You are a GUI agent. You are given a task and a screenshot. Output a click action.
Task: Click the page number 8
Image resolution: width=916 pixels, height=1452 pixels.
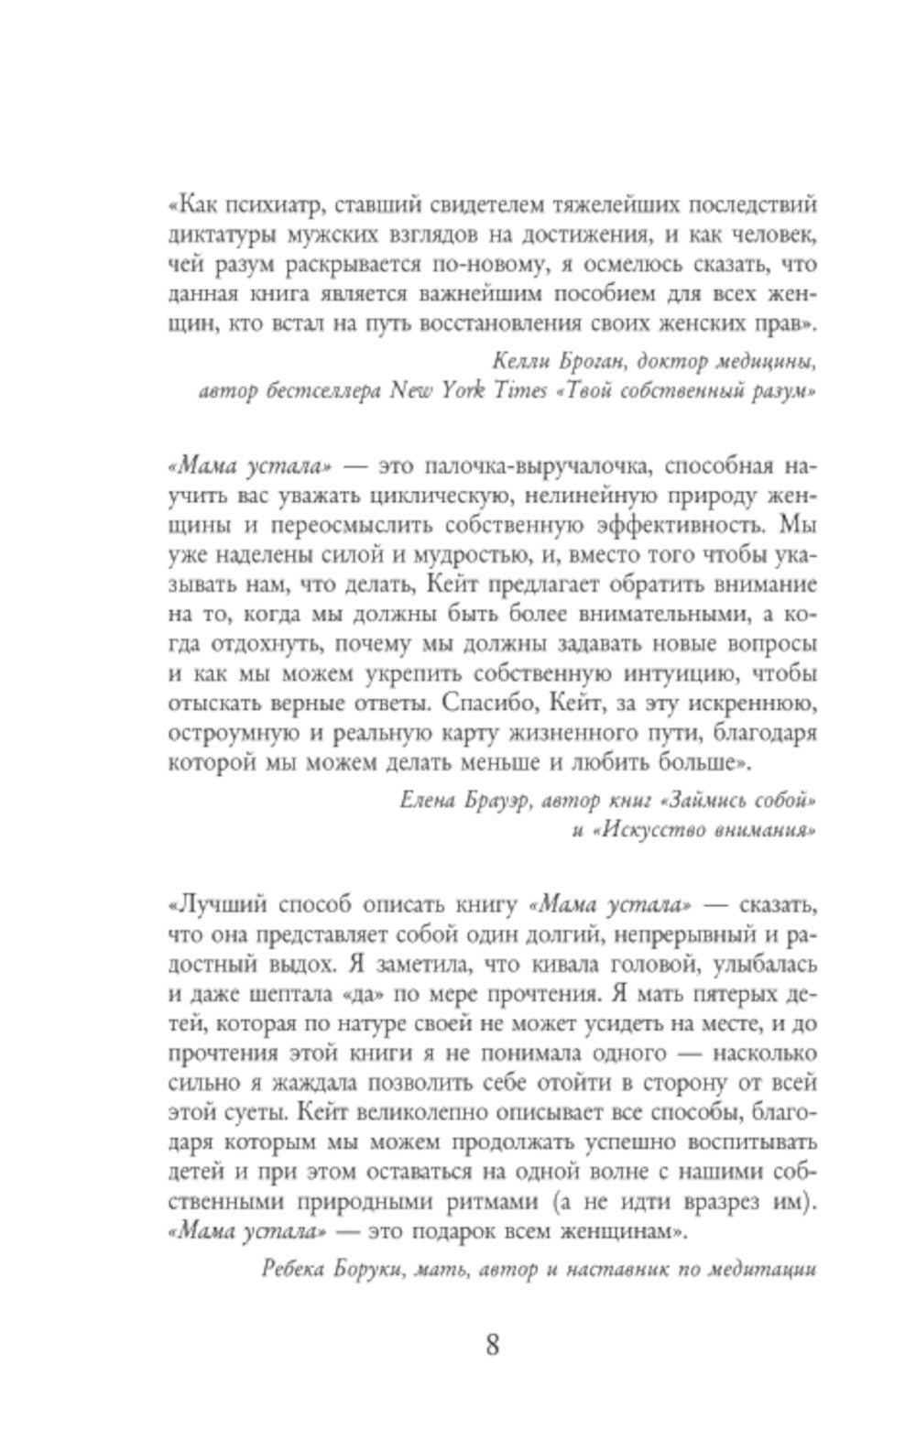point(492,1346)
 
